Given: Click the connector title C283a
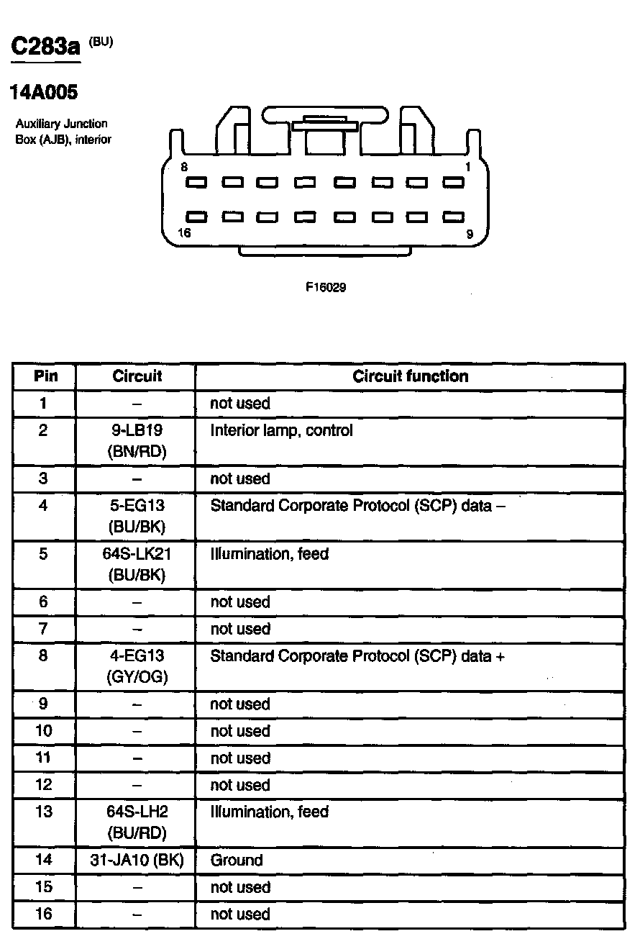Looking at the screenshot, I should click(45, 48).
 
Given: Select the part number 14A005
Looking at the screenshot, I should click(43, 93).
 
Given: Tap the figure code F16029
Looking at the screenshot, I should click(326, 287).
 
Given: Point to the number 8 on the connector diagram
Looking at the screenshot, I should click(185, 167).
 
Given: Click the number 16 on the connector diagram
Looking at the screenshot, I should click(185, 232).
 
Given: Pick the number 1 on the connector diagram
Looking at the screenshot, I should click(468, 167).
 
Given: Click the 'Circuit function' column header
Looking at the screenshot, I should click(410, 376).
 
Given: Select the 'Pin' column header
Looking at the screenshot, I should click(45, 376).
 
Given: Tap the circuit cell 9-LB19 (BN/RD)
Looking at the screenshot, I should click(137, 441).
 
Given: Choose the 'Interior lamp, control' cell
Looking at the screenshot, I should click(281, 431).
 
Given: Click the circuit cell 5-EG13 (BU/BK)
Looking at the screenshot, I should click(137, 516).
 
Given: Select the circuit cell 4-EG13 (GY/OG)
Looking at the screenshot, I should click(137, 666).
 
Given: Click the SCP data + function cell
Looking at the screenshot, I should click(357, 656).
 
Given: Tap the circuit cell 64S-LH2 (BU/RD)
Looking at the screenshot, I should click(137, 822).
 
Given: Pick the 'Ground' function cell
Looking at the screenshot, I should click(237, 861).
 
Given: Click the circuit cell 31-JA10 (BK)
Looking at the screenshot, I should click(137, 861).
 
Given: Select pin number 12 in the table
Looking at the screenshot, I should click(44, 785).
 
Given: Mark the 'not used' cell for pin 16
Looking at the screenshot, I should click(240, 914).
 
